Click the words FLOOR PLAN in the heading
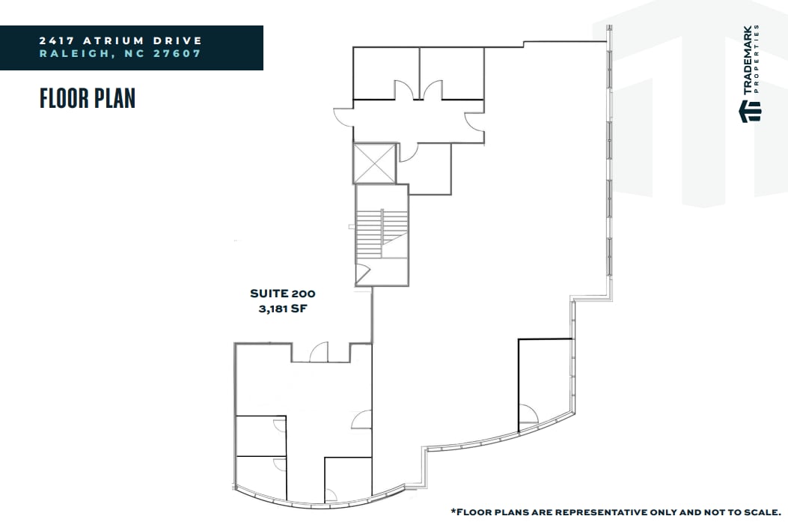pos(88,98)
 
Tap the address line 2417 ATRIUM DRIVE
pos(121,40)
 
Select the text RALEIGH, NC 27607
pos(121,54)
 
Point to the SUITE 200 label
pos(277,294)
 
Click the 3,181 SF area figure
pos(277,308)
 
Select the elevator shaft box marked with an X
pos(373,163)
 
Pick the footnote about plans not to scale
pos(615,512)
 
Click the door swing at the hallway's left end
pos(342,117)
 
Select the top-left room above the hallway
pos(385,73)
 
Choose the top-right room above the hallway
pos(451,73)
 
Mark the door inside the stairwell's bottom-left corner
pos(364,274)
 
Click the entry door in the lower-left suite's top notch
pos(319,352)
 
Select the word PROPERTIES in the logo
pos(758,59)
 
